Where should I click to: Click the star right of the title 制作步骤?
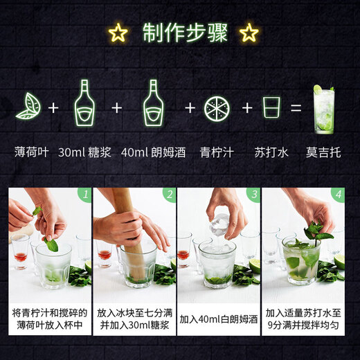pos(249,33)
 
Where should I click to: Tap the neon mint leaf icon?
pos(28,106)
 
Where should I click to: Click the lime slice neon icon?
pos(217,108)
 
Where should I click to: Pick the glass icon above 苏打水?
pos(270,108)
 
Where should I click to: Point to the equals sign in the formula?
pos(296,108)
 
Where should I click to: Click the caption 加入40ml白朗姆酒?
pos(219,320)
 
